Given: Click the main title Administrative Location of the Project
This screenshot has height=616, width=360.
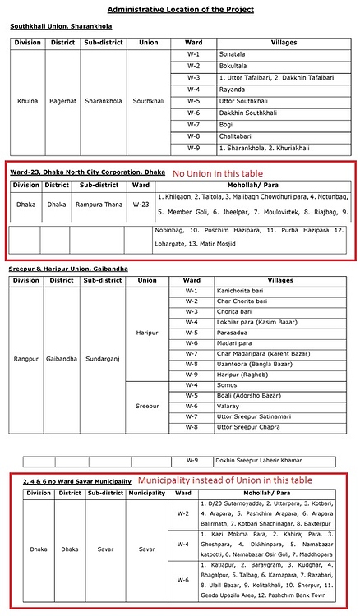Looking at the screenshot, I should tap(180, 9).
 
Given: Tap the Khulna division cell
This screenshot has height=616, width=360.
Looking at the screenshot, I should tap(27, 101).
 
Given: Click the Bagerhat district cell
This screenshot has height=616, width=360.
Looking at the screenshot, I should tap(63, 101).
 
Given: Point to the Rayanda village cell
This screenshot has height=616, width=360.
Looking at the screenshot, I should tap(233, 89).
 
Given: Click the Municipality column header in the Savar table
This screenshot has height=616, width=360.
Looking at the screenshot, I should tap(145, 493).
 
